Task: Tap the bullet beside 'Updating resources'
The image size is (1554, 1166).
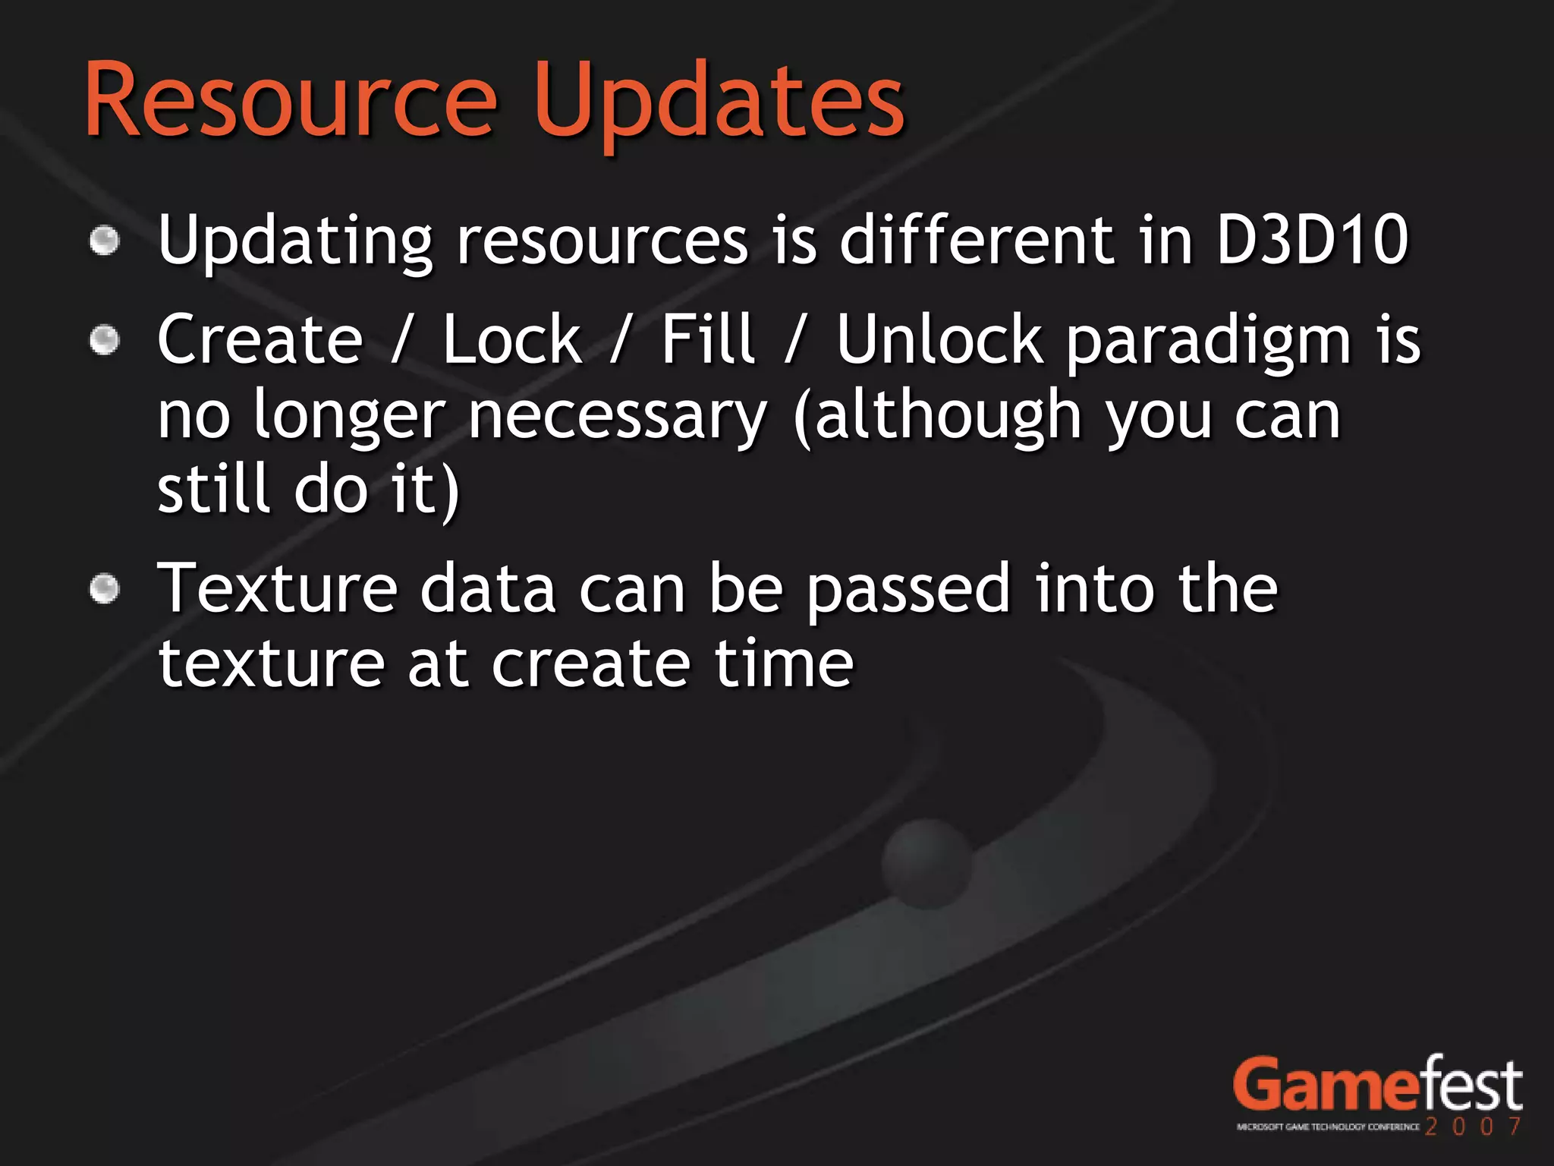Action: tap(105, 241)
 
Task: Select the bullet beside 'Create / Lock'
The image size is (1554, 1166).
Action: tap(105, 339)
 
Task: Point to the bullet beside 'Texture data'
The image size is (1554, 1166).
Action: tap(105, 589)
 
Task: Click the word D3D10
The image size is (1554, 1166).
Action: tap(1313, 240)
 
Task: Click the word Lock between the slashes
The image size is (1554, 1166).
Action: tap(511, 339)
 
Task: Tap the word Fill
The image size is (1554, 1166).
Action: tap(707, 339)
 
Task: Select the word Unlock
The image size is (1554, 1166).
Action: tap(939, 339)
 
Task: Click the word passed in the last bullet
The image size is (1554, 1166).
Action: tap(908, 591)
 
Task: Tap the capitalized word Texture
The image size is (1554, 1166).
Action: tap(278, 589)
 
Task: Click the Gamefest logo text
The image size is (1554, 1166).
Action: tap(1376, 1086)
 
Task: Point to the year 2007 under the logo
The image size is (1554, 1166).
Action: tap(1472, 1127)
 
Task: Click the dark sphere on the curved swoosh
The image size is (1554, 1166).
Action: tap(927, 864)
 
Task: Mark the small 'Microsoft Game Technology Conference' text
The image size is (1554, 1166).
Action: tap(1328, 1127)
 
